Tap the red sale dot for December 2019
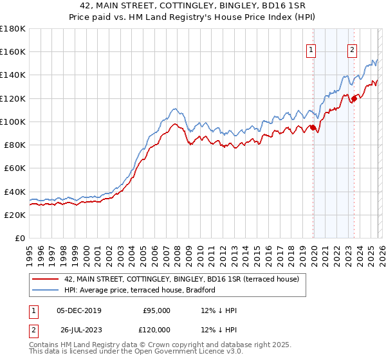(x=313, y=127)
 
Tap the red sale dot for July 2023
(x=354, y=98)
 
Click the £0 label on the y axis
(x=20, y=238)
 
